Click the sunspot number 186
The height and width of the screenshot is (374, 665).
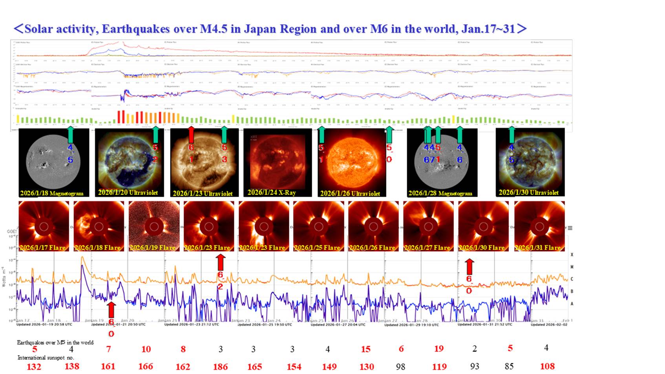coord(220,367)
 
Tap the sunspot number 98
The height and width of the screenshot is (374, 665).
coord(400,367)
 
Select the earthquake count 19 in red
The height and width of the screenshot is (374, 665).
coord(439,348)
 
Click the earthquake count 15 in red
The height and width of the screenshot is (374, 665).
coord(365,349)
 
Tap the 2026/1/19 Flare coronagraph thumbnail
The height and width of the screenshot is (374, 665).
coord(154,226)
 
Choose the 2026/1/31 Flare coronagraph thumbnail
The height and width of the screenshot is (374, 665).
coord(539,226)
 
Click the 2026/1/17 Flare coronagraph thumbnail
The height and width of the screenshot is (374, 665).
coord(44,226)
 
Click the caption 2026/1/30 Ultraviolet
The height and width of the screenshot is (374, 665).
coord(528,192)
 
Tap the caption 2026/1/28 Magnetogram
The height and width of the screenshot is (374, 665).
coord(440,193)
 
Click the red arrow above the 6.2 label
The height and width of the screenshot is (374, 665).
coord(221,261)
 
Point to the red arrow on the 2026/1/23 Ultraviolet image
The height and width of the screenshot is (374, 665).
coord(191,135)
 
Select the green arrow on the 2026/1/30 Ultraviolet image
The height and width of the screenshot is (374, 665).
coord(512,135)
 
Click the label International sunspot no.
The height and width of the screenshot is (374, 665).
coord(46,357)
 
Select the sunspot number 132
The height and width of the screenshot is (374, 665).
coord(34,367)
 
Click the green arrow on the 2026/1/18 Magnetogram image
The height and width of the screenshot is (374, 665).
coord(71,135)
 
